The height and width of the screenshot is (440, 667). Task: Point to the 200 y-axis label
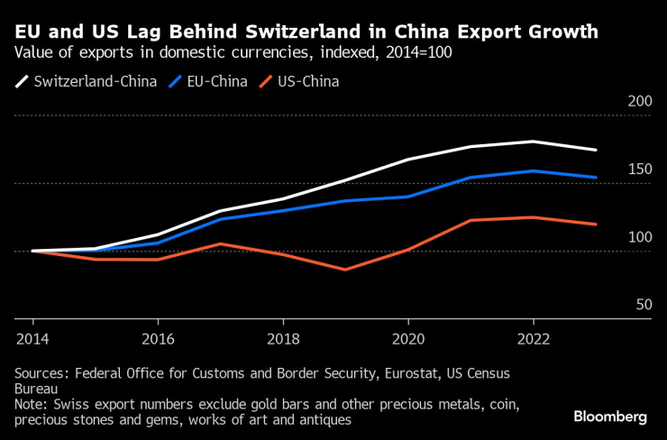pyautogui.click(x=638, y=102)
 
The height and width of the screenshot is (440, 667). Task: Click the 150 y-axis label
pyautogui.click(x=638, y=170)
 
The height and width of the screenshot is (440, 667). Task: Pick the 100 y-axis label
pyautogui.click(x=638, y=237)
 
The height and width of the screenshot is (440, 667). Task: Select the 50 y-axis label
pyautogui.click(x=644, y=305)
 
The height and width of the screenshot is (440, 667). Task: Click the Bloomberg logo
pyautogui.click(x=610, y=417)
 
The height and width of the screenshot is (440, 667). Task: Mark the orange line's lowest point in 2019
pyautogui.click(x=345, y=270)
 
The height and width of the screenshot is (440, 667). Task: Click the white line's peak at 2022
pyautogui.click(x=534, y=142)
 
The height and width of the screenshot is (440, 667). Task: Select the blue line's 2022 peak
pyautogui.click(x=534, y=170)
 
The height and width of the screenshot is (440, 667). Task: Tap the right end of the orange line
pyautogui.click(x=596, y=224)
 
